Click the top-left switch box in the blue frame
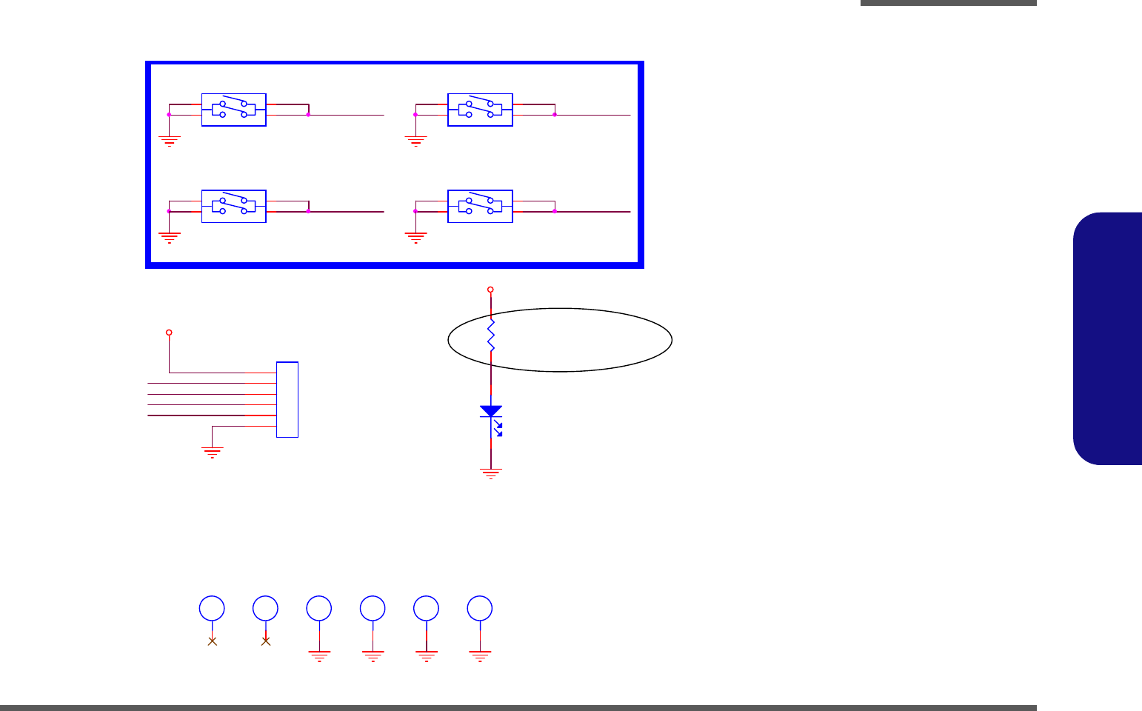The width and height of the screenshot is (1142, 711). [x=234, y=110]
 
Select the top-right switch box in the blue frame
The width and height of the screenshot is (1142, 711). [x=480, y=110]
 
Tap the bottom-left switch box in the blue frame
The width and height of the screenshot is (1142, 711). [x=234, y=206]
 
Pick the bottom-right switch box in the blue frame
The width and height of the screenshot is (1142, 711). [x=480, y=206]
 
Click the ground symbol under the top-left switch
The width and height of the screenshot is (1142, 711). [x=170, y=140]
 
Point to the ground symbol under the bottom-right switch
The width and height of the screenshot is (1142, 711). [x=415, y=237]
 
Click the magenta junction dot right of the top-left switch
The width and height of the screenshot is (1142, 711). [x=308, y=115]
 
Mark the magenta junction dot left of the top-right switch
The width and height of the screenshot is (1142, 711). [x=415, y=115]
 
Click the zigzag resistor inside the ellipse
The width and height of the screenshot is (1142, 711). [x=490, y=335]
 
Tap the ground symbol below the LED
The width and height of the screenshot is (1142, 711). [x=490, y=473]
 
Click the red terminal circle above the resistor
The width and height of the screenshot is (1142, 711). [x=490, y=290]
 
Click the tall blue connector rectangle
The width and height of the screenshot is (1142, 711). [x=287, y=399]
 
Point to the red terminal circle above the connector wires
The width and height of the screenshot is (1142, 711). [x=169, y=333]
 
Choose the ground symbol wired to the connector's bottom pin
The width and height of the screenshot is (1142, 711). [x=213, y=453]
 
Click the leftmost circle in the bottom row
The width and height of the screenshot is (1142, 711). [x=212, y=608]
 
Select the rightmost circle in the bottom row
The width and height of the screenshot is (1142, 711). [x=480, y=608]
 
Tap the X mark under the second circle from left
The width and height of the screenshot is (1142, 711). [x=266, y=641]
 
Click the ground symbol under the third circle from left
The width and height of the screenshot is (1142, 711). [x=319, y=655]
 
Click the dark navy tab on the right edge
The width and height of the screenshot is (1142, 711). [x=1107, y=338]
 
